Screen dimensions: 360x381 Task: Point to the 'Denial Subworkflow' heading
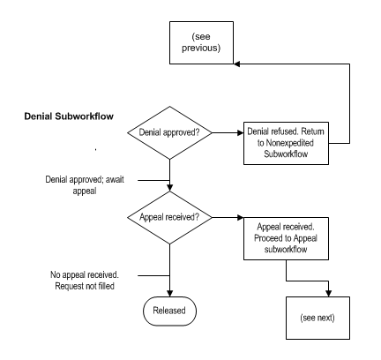[66, 116]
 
